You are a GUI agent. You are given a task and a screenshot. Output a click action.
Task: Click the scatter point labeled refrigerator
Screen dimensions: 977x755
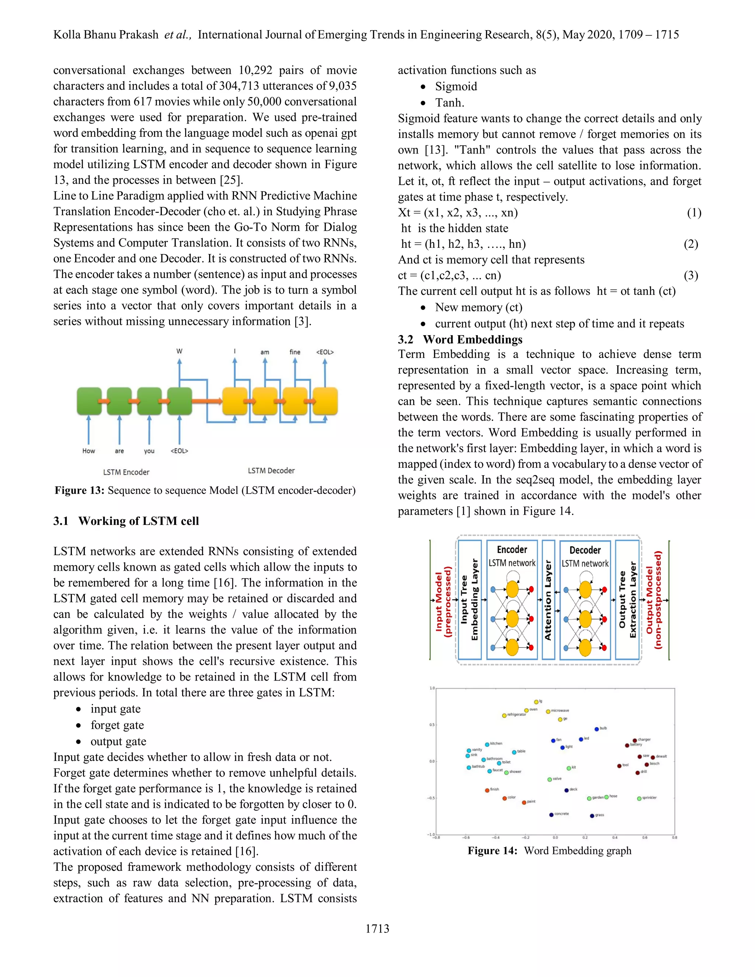point(504,715)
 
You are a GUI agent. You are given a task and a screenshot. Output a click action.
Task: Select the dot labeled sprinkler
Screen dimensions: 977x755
point(639,799)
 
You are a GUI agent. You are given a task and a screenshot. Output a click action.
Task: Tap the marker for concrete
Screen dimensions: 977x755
point(552,815)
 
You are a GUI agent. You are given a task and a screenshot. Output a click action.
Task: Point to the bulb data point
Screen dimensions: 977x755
point(596,729)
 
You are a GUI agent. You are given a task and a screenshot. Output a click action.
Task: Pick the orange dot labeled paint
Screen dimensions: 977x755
point(524,803)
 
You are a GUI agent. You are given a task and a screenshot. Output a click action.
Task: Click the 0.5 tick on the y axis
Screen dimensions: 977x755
point(432,725)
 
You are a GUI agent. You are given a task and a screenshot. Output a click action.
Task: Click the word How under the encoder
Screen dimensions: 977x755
point(88,451)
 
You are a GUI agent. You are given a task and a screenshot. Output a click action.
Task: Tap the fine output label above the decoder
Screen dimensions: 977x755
point(295,352)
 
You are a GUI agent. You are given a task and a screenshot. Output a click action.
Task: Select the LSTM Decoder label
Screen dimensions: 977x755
point(271,470)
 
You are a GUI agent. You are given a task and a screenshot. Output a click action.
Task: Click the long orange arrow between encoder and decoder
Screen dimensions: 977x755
point(207,401)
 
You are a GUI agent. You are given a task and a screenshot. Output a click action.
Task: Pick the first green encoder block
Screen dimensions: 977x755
point(89,401)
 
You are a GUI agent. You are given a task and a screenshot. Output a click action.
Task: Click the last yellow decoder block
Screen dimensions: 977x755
point(325,401)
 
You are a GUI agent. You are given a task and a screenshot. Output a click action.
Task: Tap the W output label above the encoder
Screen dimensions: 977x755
point(180,351)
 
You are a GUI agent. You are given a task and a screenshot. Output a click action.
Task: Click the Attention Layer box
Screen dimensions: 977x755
point(548,599)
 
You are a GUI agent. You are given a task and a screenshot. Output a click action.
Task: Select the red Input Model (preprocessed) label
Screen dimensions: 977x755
point(443,599)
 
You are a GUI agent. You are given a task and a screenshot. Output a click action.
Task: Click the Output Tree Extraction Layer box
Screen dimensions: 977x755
point(627,599)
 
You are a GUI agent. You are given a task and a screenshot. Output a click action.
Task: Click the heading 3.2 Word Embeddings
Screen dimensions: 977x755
point(460,340)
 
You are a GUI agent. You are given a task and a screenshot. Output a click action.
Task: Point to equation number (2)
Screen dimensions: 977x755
point(690,244)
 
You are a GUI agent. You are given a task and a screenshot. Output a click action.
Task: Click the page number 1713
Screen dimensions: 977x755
point(377,929)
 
